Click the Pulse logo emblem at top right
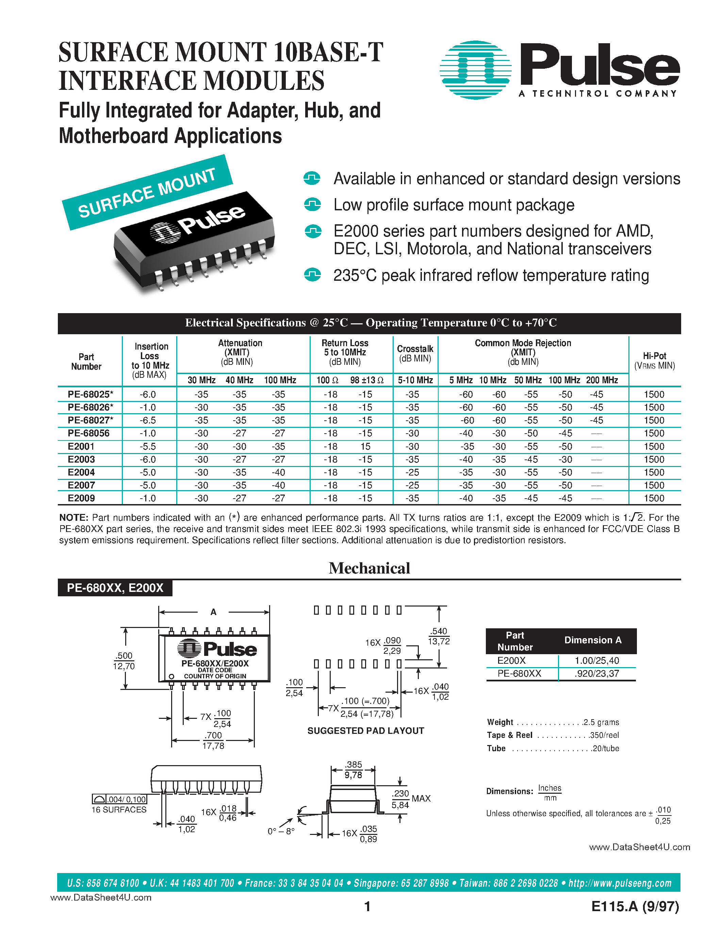475,70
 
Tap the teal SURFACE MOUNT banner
147,192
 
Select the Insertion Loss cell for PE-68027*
148,420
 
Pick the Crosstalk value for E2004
412,472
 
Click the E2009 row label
81,498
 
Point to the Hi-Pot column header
654,360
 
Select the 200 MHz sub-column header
602,380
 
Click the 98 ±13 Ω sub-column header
367,380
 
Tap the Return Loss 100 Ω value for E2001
330,447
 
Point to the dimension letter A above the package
213,612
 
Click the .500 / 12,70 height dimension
124,661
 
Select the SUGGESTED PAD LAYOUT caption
365,731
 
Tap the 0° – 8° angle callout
281,832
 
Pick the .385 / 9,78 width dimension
354,770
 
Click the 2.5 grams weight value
601,722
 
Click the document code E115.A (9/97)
635,906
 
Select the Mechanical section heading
369,568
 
